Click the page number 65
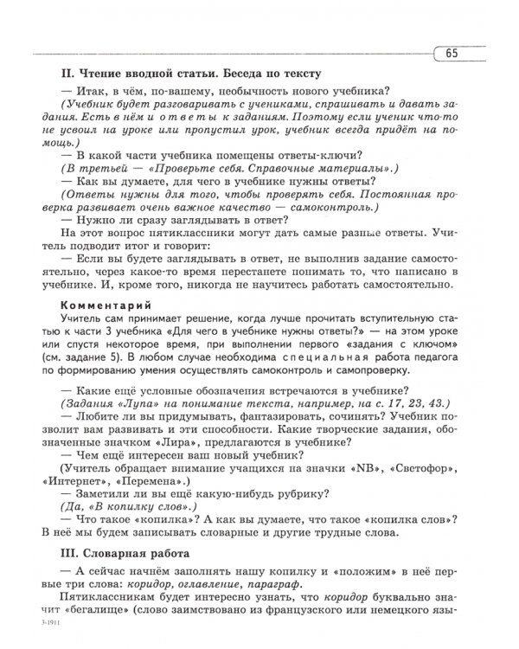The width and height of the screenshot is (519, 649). [453, 55]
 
